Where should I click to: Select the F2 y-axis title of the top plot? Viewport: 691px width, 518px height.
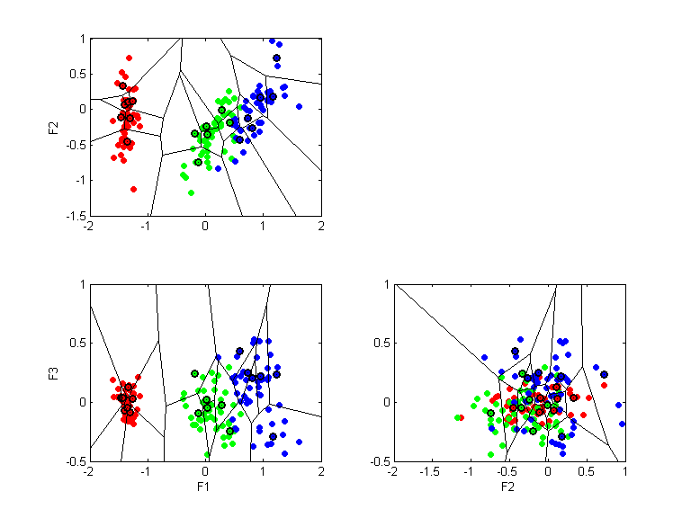(x=53, y=127)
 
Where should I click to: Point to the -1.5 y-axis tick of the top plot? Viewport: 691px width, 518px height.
(x=76, y=216)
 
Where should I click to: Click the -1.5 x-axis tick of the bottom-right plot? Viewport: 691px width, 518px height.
(x=431, y=472)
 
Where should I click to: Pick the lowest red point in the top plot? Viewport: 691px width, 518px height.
(x=133, y=189)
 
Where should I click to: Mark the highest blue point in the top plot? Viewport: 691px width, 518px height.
(x=273, y=40)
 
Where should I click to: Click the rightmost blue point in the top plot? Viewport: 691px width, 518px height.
(x=299, y=106)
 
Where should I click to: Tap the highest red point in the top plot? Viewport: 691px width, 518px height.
(x=130, y=58)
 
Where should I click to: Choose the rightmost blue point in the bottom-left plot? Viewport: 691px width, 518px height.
(x=299, y=442)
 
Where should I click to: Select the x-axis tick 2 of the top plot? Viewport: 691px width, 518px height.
(x=321, y=227)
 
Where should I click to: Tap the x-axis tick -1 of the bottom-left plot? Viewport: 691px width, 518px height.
(x=147, y=472)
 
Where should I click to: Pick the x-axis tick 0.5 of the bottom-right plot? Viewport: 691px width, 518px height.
(x=586, y=472)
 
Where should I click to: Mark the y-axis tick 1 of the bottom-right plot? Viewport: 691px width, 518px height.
(x=384, y=284)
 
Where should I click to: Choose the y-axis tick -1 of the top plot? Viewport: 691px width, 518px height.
(x=79, y=180)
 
